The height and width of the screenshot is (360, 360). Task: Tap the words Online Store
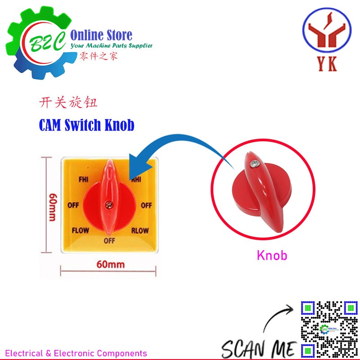(x=102, y=35)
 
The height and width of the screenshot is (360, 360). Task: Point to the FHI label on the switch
(x=83, y=179)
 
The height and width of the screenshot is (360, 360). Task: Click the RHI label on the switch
(x=137, y=179)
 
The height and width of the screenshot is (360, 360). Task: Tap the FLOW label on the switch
(x=81, y=231)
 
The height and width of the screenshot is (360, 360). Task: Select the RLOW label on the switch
(x=140, y=231)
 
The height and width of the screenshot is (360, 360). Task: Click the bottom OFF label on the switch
(x=109, y=241)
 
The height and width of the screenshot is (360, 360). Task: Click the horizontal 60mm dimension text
(x=110, y=264)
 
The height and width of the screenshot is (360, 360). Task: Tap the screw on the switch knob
(x=108, y=205)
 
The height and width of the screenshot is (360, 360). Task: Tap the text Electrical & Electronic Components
(x=76, y=353)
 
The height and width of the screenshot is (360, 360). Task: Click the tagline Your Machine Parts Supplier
(x=112, y=45)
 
